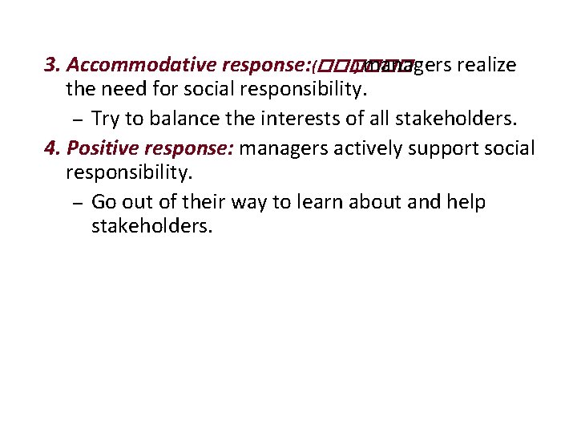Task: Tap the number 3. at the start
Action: point(53,65)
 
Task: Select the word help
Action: point(466,202)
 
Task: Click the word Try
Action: point(107,120)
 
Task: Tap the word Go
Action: point(105,202)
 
